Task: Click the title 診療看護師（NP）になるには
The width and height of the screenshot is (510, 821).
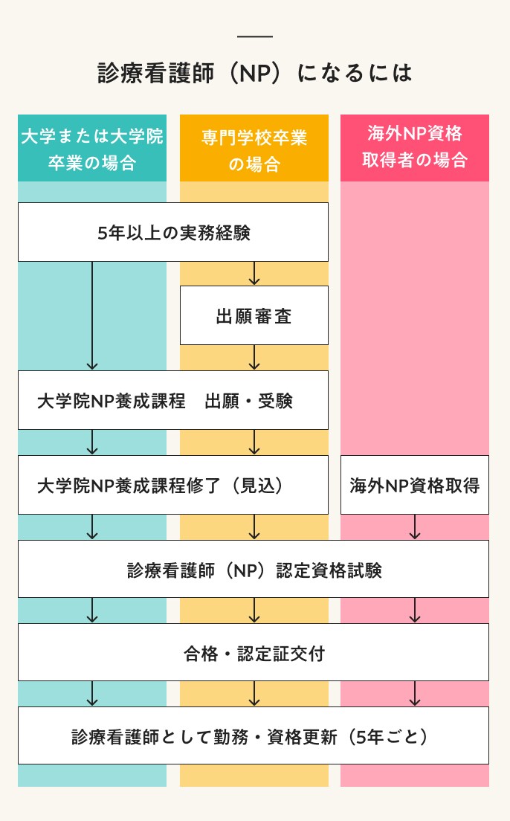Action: pos(254,73)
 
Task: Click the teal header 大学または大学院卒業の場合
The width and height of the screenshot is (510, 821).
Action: pos(92,149)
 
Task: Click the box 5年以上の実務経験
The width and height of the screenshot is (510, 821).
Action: pos(173,233)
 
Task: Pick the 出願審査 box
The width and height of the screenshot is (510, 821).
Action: pos(254,316)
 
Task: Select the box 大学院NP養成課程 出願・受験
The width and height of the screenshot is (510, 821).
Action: pos(173,401)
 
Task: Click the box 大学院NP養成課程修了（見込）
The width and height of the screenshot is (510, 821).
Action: pos(173,486)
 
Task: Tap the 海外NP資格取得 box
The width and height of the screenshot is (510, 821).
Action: pos(415,486)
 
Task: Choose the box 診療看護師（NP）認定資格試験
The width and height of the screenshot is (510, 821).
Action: pos(254,570)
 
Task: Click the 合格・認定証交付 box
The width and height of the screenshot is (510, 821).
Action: pos(254,654)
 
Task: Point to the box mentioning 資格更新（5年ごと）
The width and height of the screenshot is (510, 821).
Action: pos(254,737)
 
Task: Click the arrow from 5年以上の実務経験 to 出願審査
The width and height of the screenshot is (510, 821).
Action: pos(254,274)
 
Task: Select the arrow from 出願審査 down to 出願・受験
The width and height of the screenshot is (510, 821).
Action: pos(254,358)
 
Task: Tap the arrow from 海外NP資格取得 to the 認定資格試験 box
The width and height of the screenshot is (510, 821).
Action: pos(415,527)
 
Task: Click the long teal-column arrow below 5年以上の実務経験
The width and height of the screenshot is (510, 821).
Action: pos(92,316)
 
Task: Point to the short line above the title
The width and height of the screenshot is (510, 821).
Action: pos(254,37)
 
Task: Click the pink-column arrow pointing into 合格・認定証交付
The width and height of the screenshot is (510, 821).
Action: pos(415,611)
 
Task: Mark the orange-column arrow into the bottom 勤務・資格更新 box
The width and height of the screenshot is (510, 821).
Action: pos(254,694)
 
